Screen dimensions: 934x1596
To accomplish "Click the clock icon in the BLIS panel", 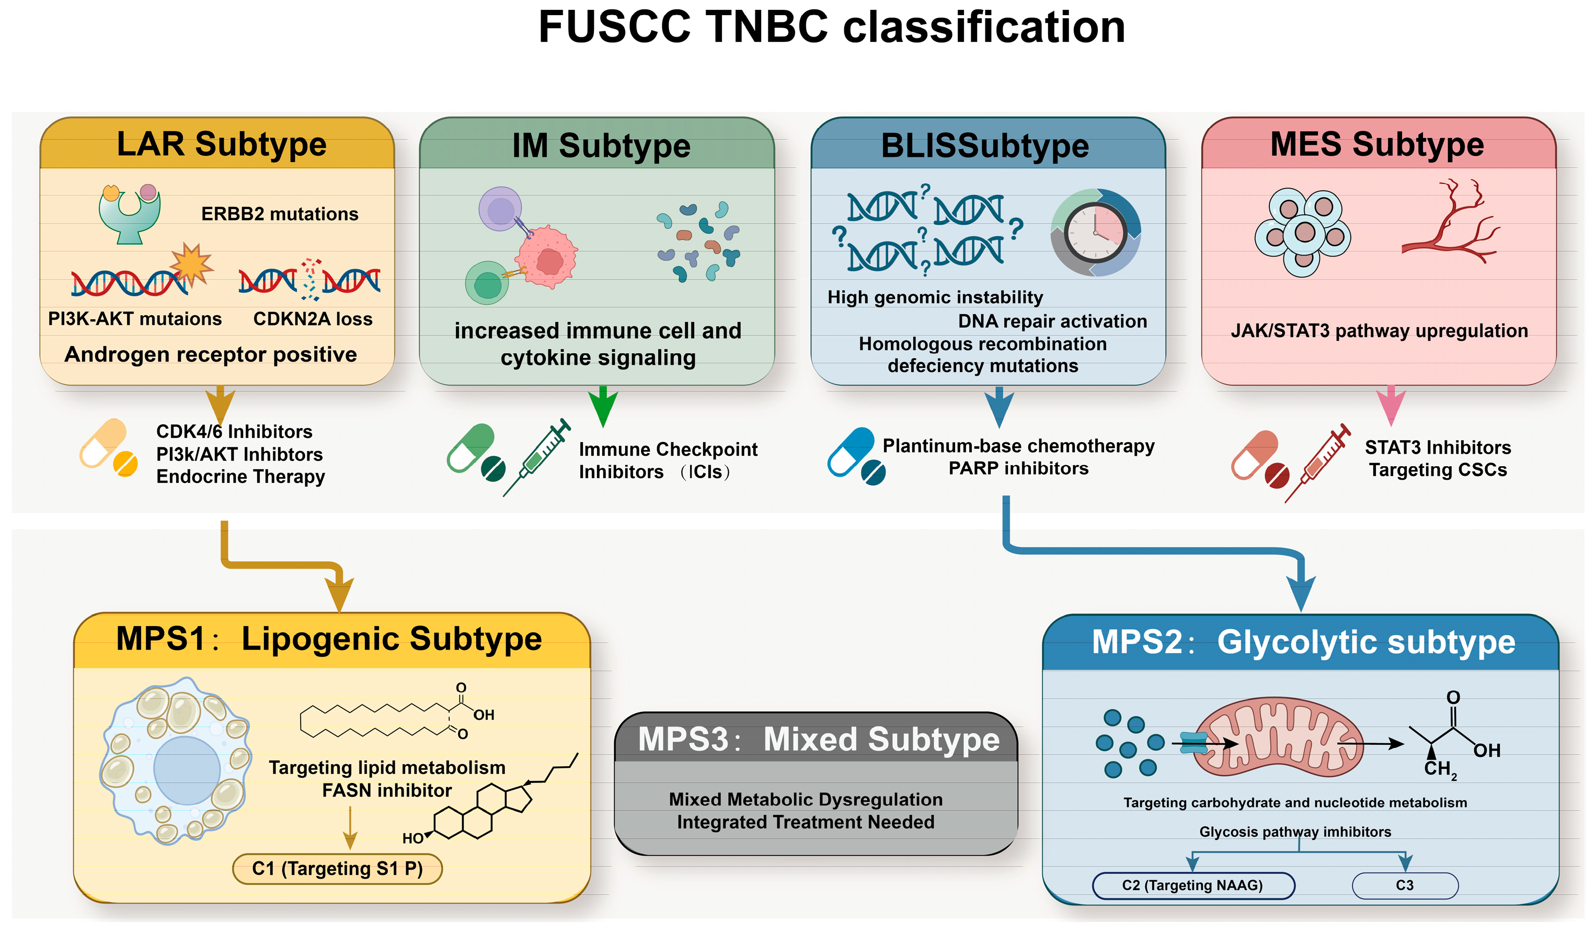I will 1095,233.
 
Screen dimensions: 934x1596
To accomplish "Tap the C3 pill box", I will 1404,885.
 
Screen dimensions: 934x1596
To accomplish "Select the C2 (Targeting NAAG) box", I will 1192,885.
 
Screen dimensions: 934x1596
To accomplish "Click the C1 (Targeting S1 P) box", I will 337,869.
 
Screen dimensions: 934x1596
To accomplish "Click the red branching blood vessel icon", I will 1450,225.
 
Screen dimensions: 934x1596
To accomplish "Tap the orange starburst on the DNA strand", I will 191,264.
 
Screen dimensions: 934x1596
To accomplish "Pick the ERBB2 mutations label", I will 279,214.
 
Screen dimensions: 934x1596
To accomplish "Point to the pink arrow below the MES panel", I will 1391,405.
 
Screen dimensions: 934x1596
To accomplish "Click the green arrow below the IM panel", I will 603,405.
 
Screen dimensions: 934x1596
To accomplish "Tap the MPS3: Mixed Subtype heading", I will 818,739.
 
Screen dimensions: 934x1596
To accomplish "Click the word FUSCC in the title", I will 614,27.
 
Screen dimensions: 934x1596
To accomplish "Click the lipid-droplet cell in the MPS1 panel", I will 176,760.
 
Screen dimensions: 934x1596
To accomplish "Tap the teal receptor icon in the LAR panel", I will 130,215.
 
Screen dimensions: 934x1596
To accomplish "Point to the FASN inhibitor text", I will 387,790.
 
